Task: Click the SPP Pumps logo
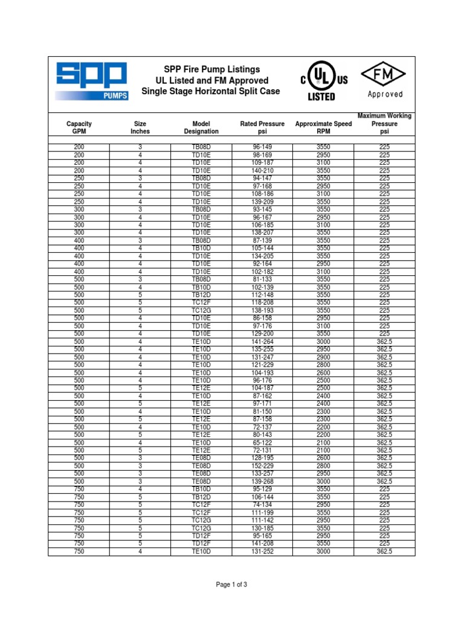coord(92,81)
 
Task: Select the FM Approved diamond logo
coord(385,81)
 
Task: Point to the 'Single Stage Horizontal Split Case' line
coord(211,91)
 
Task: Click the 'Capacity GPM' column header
coord(79,127)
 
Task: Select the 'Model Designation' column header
coord(201,127)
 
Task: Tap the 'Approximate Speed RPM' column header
coord(323,127)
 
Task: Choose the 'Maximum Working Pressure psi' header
coord(384,123)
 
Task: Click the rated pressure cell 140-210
coord(262,171)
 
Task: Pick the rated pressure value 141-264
coord(262,342)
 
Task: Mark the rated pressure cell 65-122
coord(262,442)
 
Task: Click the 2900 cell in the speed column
coord(323,357)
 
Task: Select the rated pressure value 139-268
coord(262,482)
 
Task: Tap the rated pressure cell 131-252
coord(262,551)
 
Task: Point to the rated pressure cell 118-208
coord(262,302)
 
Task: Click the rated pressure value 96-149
coord(262,147)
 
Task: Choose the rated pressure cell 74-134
coord(262,505)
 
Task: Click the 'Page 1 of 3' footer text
coord(232,585)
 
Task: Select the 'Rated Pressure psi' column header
coord(262,127)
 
